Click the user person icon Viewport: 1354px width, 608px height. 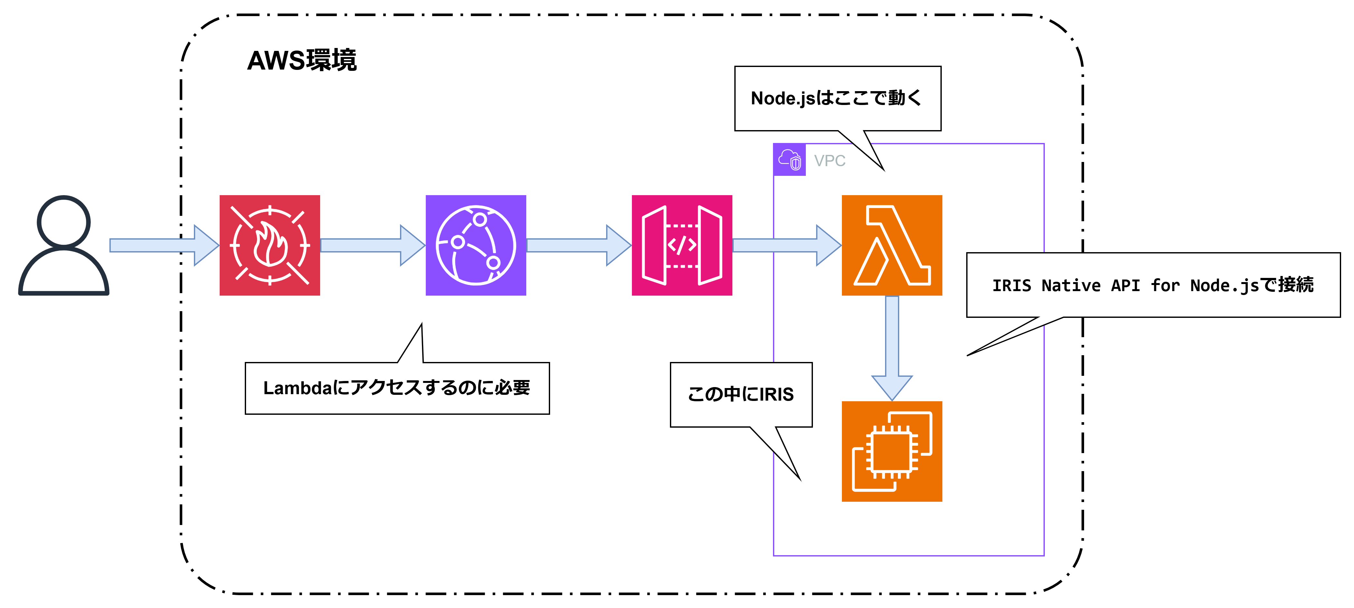tap(63, 245)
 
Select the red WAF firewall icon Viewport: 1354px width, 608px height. tap(270, 245)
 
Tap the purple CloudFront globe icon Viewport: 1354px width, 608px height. tap(476, 245)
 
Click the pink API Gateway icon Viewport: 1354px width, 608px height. tap(682, 245)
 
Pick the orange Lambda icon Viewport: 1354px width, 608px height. tap(892, 245)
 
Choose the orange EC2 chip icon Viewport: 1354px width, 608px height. tap(892, 451)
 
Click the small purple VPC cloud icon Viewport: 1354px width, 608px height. tap(789, 160)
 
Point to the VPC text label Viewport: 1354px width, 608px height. tap(829, 161)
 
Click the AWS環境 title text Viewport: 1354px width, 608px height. tap(302, 61)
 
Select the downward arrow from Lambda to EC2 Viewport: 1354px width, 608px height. tap(892, 347)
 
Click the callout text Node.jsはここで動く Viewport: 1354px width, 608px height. tap(836, 98)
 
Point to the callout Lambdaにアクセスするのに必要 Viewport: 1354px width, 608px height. tap(397, 388)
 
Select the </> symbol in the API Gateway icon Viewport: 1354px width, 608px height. tap(682, 245)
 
